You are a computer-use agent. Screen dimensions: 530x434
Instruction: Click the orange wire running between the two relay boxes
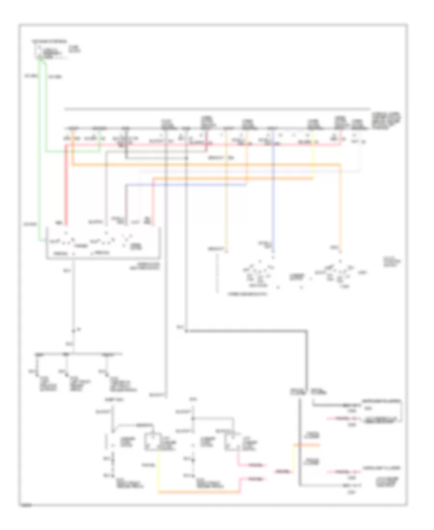(198, 492)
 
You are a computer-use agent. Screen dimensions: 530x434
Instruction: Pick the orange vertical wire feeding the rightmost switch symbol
(341, 207)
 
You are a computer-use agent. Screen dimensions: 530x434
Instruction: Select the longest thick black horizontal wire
(246, 331)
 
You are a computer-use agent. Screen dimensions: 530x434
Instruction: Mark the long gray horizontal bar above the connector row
(217, 108)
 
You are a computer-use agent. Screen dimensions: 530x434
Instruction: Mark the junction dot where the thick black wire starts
(186, 331)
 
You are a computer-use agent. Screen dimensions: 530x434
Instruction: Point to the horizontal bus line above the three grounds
(72, 354)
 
